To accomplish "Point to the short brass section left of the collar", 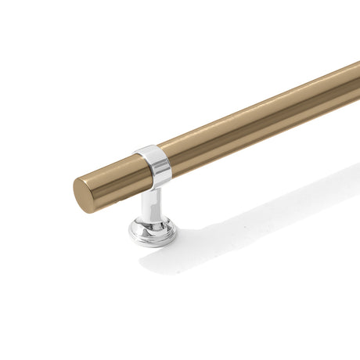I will (x=113, y=179).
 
